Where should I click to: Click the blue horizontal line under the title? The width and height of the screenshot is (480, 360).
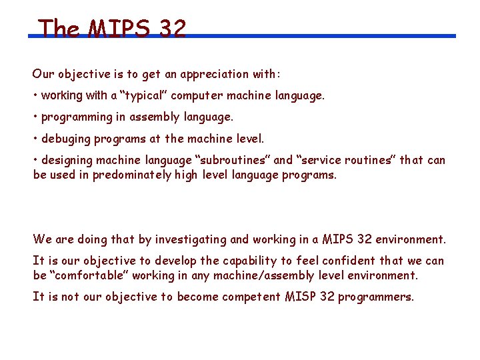pos(320,36)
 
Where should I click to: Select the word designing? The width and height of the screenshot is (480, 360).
pos(67,160)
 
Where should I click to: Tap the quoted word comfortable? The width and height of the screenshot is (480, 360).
pos(89,275)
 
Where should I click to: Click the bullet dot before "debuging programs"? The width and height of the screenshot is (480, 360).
pos(35,139)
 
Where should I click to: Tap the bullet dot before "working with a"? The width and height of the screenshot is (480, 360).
pos(35,95)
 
